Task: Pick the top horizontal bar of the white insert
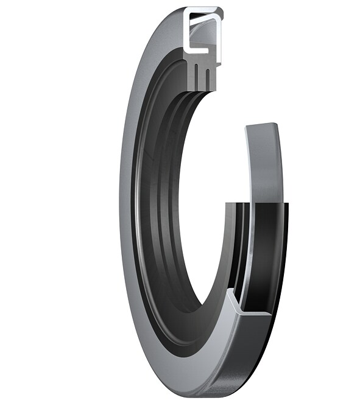[x=203, y=11]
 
